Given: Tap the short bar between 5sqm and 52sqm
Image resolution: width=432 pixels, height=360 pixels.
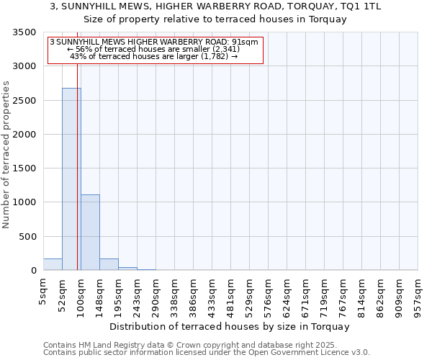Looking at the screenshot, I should (x=53, y=264).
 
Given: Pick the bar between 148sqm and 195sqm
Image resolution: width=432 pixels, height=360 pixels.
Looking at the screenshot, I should (x=109, y=264).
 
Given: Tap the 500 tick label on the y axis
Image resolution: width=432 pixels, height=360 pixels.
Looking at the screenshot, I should (x=28, y=236).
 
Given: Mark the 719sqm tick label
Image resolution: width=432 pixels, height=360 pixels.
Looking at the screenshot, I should (x=325, y=293).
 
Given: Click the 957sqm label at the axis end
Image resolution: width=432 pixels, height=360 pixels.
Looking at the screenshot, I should (x=418, y=293).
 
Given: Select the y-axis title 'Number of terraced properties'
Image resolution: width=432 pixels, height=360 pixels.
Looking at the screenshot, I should (x=7, y=155).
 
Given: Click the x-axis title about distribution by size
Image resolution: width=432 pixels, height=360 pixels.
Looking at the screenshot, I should (x=230, y=326).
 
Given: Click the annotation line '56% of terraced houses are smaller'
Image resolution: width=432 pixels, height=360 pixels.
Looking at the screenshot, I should (x=154, y=49).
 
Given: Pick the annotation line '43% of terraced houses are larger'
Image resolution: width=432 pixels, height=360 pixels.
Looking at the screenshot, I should (x=154, y=56).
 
